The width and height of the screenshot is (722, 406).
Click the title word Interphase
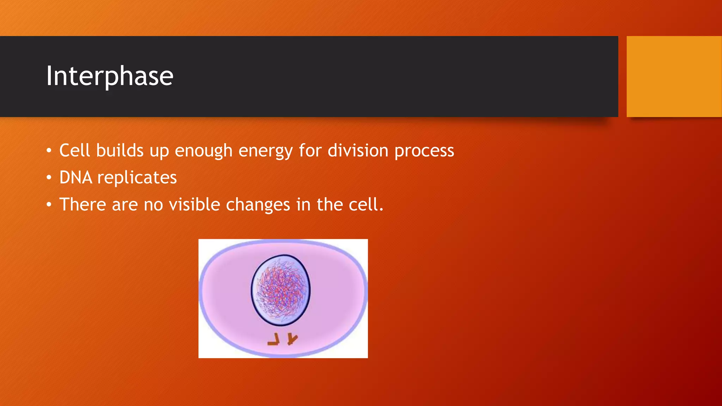(x=110, y=76)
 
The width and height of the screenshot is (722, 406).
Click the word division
(x=358, y=150)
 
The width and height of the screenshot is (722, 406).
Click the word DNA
(x=75, y=177)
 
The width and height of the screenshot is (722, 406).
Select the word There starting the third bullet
(x=82, y=204)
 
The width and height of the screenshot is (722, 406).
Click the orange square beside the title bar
(x=674, y=76)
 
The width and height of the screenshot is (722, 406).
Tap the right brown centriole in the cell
(x=292, y=339)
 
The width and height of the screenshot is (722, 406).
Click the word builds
(x=120, y=150)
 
